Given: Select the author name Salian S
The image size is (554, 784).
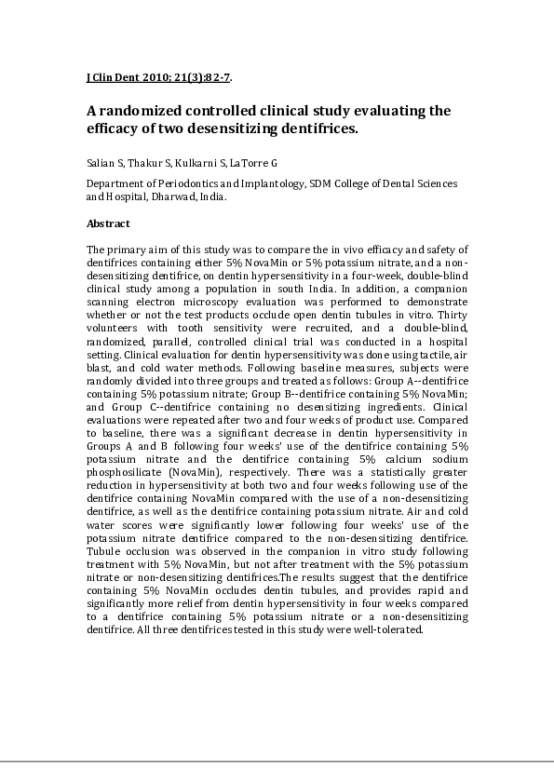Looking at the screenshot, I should click(105, 163).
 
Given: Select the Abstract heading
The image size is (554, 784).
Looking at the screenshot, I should click(108, 223).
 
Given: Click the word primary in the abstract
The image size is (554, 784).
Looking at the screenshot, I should click(128, 250).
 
